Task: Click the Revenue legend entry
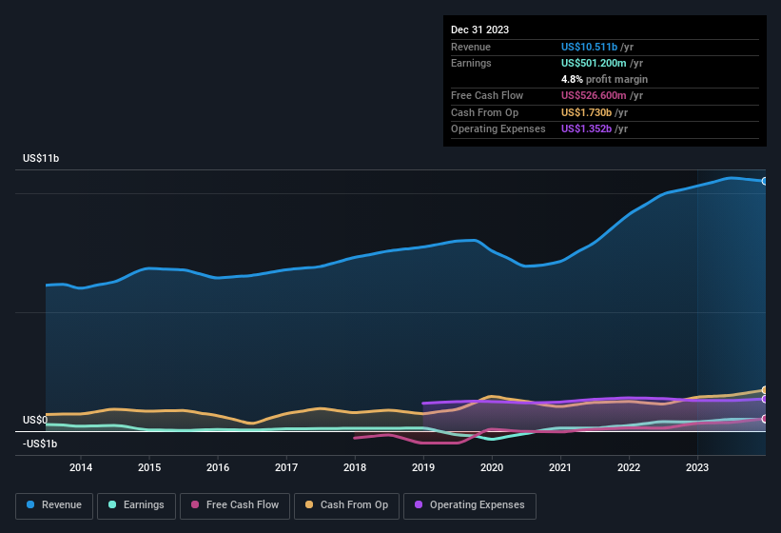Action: coord(55,505)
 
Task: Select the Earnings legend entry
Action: coord(135,505)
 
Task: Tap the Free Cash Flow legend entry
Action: coord(235,505)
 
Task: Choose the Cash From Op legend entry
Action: coord(345,505)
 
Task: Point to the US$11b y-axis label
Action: coord(41,159)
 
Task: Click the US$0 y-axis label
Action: coord(35,420)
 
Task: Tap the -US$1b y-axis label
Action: coord(40,444)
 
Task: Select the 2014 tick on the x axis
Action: coord(81,467)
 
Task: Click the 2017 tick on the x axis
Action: coord(286,467)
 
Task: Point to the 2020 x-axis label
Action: coord(492,467)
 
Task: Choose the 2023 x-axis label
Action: coord(697,467)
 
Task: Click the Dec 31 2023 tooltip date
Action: coord(479,30)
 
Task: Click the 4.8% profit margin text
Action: coord(604,79)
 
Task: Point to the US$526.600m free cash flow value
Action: coord(601,95)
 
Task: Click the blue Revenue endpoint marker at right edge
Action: coord(765,181)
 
